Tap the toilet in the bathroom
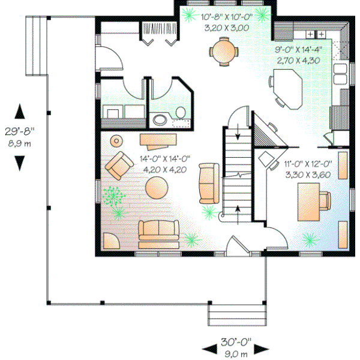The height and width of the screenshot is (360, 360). [179, 112]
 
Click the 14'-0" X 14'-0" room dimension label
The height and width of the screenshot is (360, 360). [165, 159]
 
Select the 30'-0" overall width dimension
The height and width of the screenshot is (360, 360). [235, 342]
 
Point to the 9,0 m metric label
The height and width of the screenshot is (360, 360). [235, 353]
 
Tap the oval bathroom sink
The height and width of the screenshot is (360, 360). [159, 119]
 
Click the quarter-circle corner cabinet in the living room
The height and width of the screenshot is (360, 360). [110, 241]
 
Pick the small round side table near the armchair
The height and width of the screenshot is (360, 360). [116, 141]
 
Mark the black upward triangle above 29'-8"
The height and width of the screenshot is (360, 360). [19, 112]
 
